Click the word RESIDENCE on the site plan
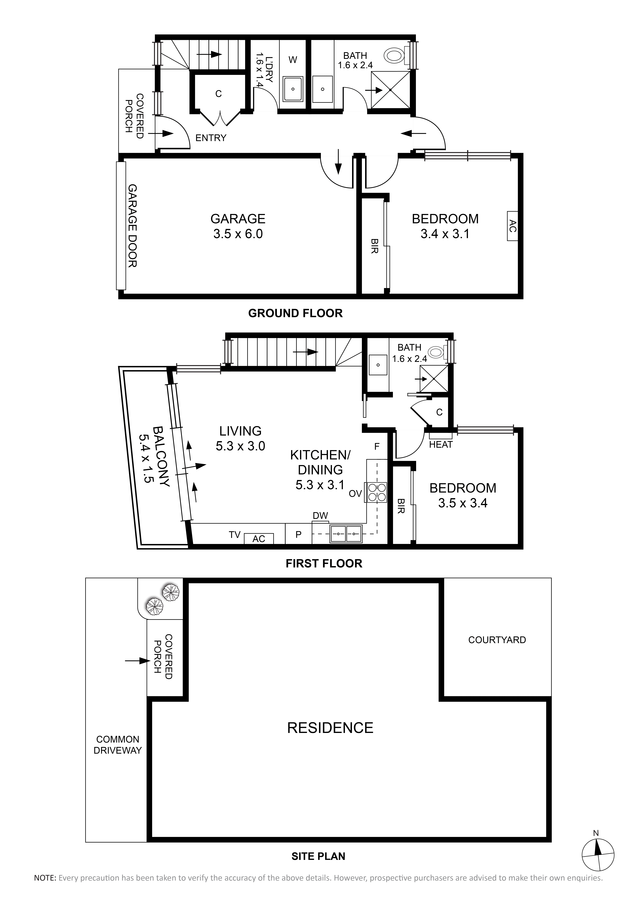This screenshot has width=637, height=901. pos(330,728)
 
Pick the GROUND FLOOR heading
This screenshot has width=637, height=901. pos(295,313)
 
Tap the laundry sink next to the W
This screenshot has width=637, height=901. pos(293,89)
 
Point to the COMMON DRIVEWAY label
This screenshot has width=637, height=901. pos(118,745)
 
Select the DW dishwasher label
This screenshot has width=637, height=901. pos(320,516)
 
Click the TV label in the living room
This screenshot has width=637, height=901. pos(235,535)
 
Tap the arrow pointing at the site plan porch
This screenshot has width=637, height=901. pos(137,661)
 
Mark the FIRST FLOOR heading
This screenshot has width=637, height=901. pos(324,564)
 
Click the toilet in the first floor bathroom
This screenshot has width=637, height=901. pos(436,352)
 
